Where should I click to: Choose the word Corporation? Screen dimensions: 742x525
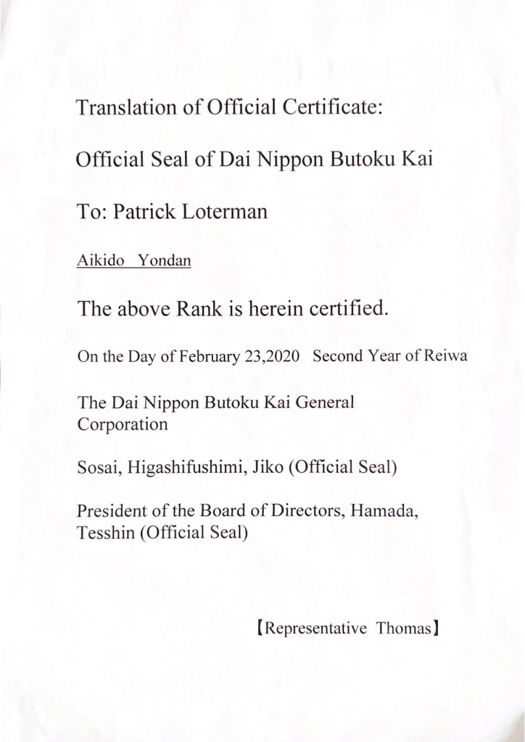[122, 424]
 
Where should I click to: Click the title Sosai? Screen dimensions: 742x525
[97, 469]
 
